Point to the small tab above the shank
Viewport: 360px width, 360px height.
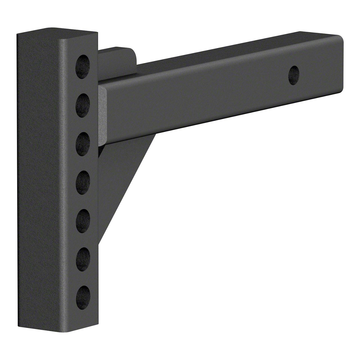click(x=118, y=56)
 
